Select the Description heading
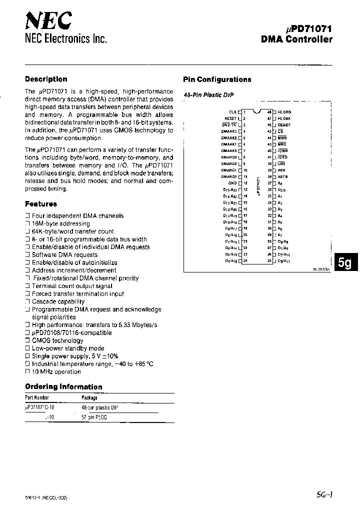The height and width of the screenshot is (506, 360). pyautogui.click(x=46, y=79)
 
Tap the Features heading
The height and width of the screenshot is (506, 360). pyautogui.click(x=41, y=204)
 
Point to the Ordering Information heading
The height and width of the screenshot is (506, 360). pyautogui.click(x=63, y=386)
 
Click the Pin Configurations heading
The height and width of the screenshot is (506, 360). pyautogui.click(x=217, y=79)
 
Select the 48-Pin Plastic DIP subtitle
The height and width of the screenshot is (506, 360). pyautogui.click(x=208, y=94)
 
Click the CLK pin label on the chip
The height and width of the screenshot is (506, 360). pyautogui.click(x=232, y=112)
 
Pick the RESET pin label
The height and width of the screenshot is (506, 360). pyautogui.click(x=230, y=118)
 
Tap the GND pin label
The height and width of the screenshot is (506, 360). pyautogui.click(x=232, y=183)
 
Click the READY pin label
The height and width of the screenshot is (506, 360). pyautogui.click(x=284, y=125)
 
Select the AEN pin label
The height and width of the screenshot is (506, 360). pyautogui.click(x=281, y=170)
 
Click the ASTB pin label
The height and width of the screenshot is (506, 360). pyautogui.click(x=283, y=176)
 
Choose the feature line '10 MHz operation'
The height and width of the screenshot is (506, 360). pyautogui.click(x=56, y=371)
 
